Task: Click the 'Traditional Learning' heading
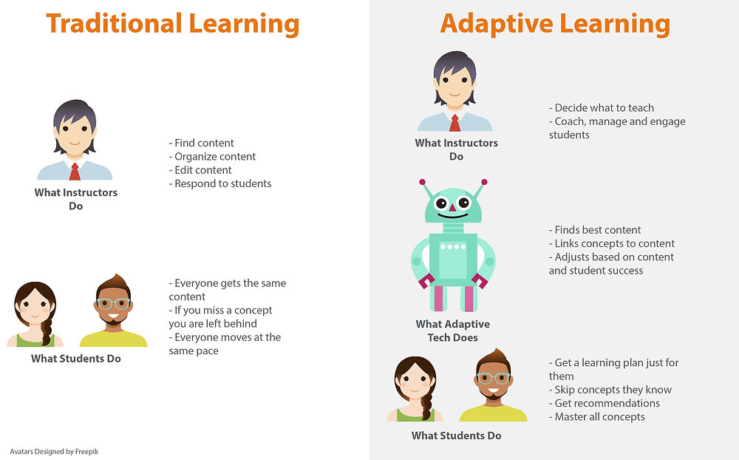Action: [172, 24]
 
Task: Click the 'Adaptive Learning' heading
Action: [554, 24]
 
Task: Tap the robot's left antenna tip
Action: [423, 181]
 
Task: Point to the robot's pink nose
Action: [452, 209]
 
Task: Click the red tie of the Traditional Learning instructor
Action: [75, 172]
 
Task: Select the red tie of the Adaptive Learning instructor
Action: [454, 123]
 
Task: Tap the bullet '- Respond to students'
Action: [220, 183]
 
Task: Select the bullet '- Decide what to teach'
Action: [601, 108]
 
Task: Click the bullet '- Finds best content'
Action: [595, 230]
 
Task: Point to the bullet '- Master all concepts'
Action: [596, 416]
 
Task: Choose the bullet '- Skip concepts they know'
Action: [610, 390]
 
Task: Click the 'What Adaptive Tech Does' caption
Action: [452, 331]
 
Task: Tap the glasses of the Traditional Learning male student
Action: [113, 303]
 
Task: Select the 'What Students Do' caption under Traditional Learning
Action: [76, 359]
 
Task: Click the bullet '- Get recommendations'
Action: [604, 403]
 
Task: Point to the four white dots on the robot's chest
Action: [452, 246]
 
